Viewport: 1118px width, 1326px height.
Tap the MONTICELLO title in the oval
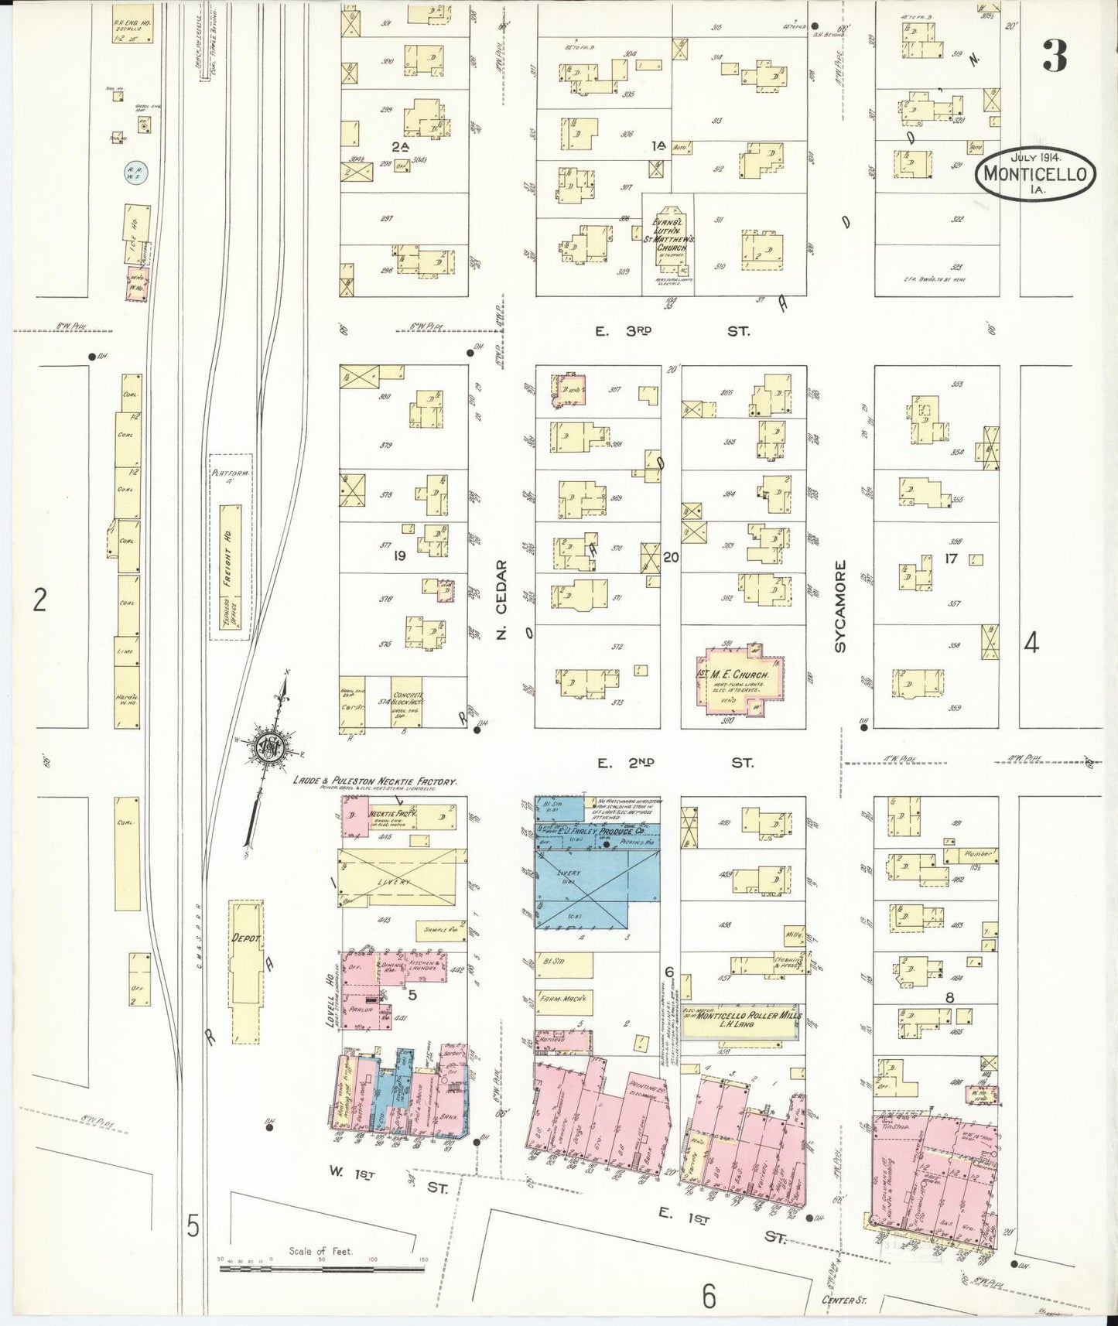pyautogui.click(x=1039, y=175)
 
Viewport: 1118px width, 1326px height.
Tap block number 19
pyautogui.click(x=399, y=555)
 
